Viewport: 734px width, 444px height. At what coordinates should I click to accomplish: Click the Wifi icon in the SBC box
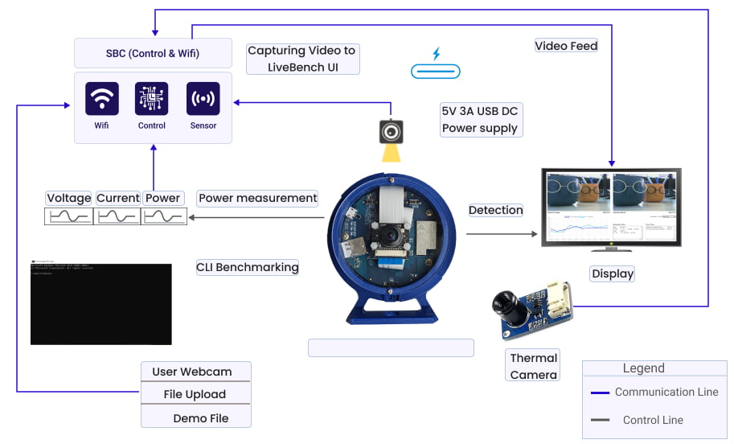pos(102,99)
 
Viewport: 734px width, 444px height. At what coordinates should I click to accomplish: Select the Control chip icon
pos(152,99)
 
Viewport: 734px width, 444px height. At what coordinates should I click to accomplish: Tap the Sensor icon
pos(203,99)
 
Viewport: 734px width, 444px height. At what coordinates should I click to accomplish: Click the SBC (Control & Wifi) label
pos(153,54)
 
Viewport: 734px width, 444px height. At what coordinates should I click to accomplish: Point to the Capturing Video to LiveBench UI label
pos(302,59)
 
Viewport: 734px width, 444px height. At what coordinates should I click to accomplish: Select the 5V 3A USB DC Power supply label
pos(480,119)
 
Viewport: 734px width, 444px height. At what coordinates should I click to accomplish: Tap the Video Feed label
pos(567,46)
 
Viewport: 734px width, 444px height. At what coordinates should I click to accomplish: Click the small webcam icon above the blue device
pos(392,130)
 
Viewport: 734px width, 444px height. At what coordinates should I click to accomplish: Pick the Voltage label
pos(69,198)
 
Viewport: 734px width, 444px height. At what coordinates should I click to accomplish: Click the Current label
pos(118,198)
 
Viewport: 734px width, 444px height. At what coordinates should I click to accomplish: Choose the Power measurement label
pos(258,198)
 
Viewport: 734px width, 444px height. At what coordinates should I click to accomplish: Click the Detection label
pos(496,210)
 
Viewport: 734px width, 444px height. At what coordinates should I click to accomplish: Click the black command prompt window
pos(101,303)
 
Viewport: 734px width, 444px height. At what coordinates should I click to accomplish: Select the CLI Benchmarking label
pos(248,267)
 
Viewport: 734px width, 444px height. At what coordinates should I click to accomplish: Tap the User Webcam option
pos(192,372)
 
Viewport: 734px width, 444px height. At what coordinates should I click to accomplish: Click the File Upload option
pos(195,394)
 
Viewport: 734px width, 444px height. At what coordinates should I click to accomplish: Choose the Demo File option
pos(201,418)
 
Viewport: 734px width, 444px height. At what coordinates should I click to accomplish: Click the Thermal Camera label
pos(533,366)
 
